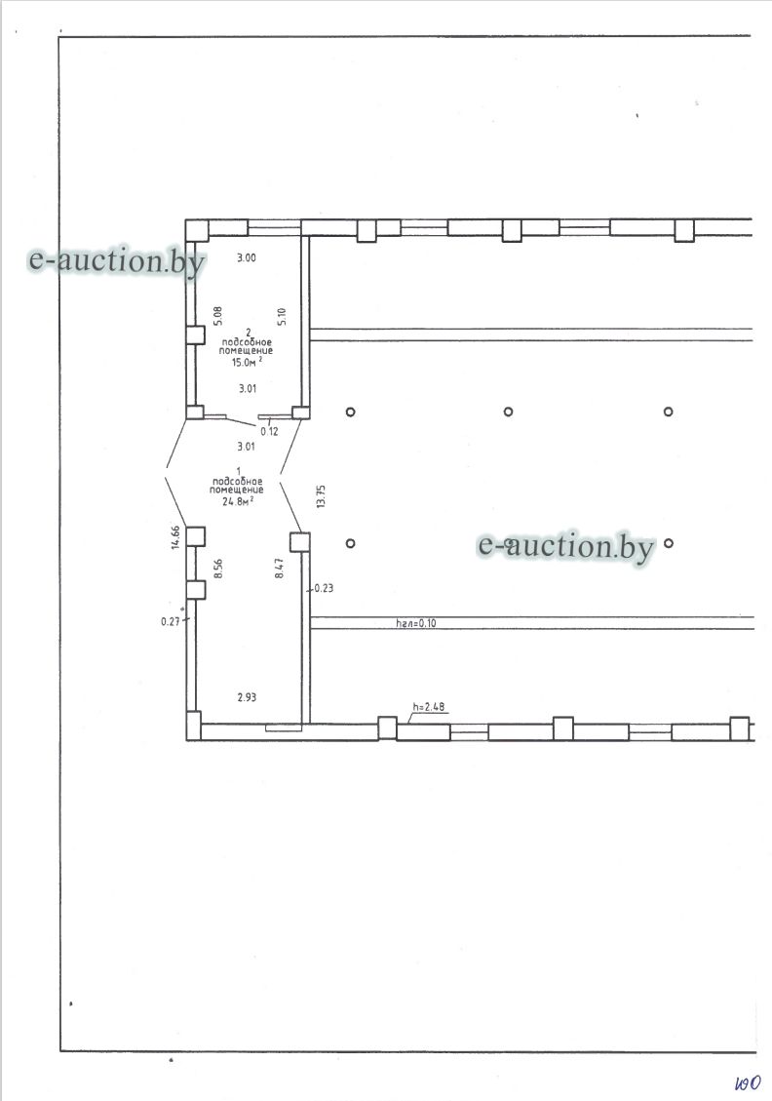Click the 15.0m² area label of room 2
point(247,362)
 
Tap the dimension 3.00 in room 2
point(247,257)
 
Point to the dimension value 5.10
point(282,317)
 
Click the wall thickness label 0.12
point(269,431)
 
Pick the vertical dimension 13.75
point(322,496)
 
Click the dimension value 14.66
point(175,537)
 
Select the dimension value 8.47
point(280,568)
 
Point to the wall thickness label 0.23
point(324,588)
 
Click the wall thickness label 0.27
point(171,621)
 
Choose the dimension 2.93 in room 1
point(247,697)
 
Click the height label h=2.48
point(428,707)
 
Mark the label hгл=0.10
point(416,622)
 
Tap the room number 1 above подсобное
point(239,470)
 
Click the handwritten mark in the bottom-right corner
point(749,1082)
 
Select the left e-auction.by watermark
point(117,260)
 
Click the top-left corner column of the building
point(197,230)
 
